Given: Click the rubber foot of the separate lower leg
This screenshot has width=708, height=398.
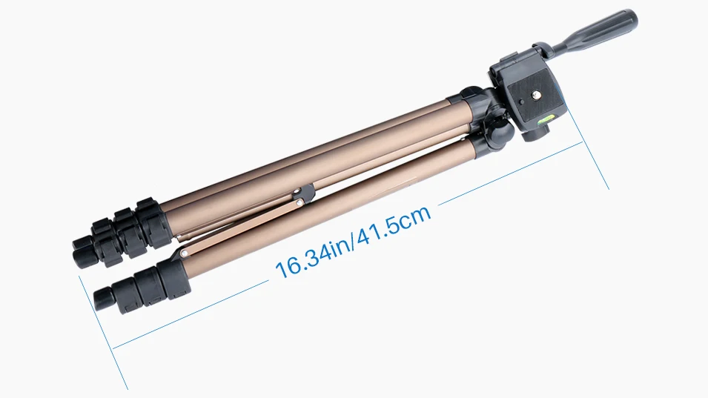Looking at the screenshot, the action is coord(104,299).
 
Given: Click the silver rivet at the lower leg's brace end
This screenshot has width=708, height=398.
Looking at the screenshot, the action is coord(184,254).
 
